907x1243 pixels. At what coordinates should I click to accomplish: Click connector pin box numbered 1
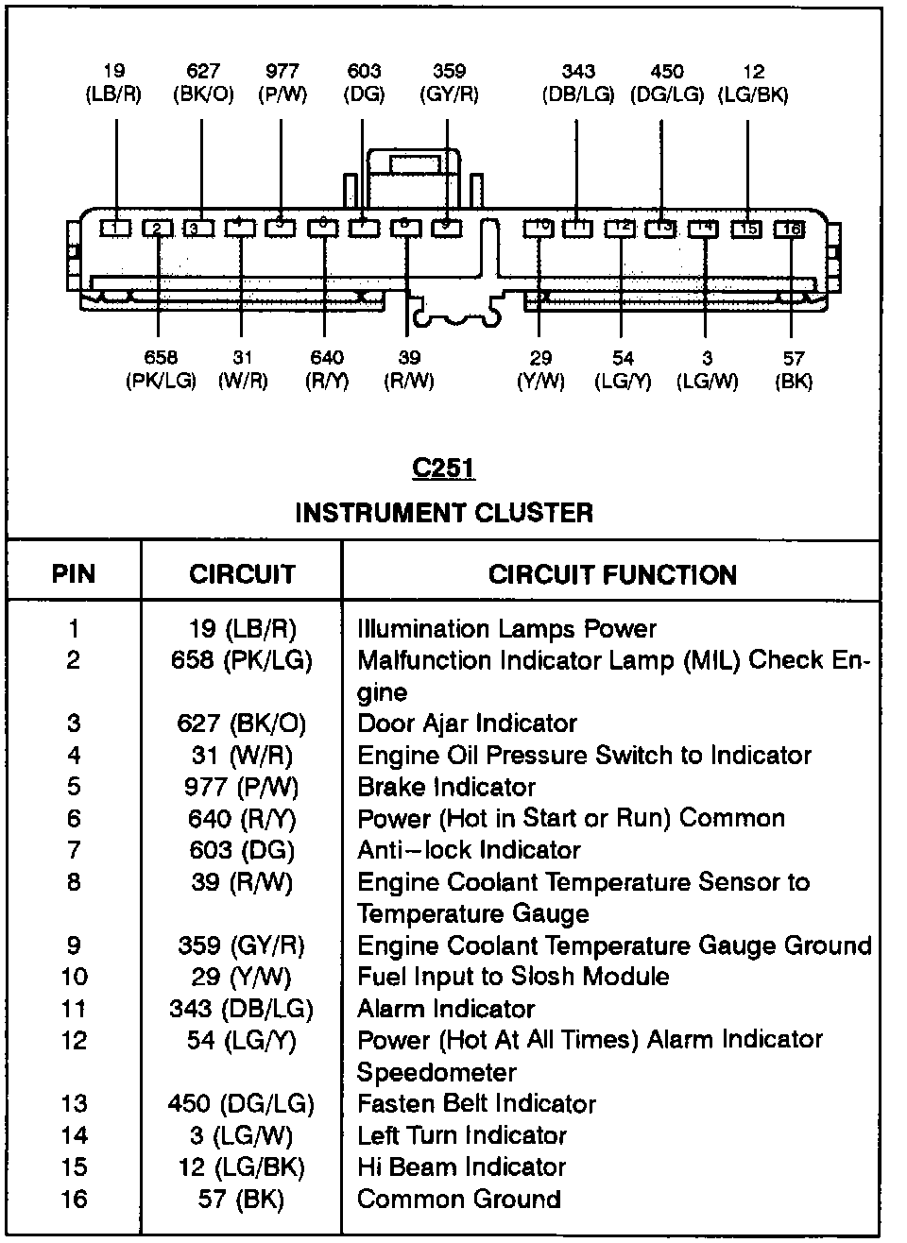click(x=114, y=228)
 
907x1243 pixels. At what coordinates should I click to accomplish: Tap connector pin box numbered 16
click(x=789, y=229)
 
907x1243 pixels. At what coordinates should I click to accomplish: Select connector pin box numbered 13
click(x=661, y=228)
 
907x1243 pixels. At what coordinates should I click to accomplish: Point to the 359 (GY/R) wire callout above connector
click(x=449, y=83)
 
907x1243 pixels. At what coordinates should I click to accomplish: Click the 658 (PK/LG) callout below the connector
click(x=161, y=369)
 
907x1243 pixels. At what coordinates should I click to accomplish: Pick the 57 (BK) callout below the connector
click(x=794, y=369)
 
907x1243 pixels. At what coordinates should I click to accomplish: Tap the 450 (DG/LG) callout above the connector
click(x=667, y=83)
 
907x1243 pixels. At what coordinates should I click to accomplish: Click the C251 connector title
click(x=443, y=467)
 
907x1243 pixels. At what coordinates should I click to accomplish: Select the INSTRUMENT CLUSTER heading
click(x=444, y=513)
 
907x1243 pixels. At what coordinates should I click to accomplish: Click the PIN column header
click(x=74, y=573)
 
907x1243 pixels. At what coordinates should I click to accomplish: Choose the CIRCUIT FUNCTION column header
click(x=612, y=574)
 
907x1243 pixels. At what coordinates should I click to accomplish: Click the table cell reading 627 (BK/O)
click(x=242, y=724)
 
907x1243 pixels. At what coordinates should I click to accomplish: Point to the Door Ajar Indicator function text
click(x=467, y=724)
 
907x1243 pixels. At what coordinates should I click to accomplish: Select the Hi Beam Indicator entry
click(x=461, y=1166)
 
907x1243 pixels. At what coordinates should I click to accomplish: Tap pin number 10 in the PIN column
click(x=74, y=977)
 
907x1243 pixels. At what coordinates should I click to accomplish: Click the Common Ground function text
click(x=458, y=1199)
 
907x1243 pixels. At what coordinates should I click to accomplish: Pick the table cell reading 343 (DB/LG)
click(x=242, y=1009)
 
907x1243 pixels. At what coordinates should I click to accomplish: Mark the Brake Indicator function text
click(x=446, y=787)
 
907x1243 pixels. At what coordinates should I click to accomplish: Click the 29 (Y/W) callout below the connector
click(x=540, y=369)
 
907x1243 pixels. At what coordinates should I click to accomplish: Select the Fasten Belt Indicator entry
click(x=476, y=1103)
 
